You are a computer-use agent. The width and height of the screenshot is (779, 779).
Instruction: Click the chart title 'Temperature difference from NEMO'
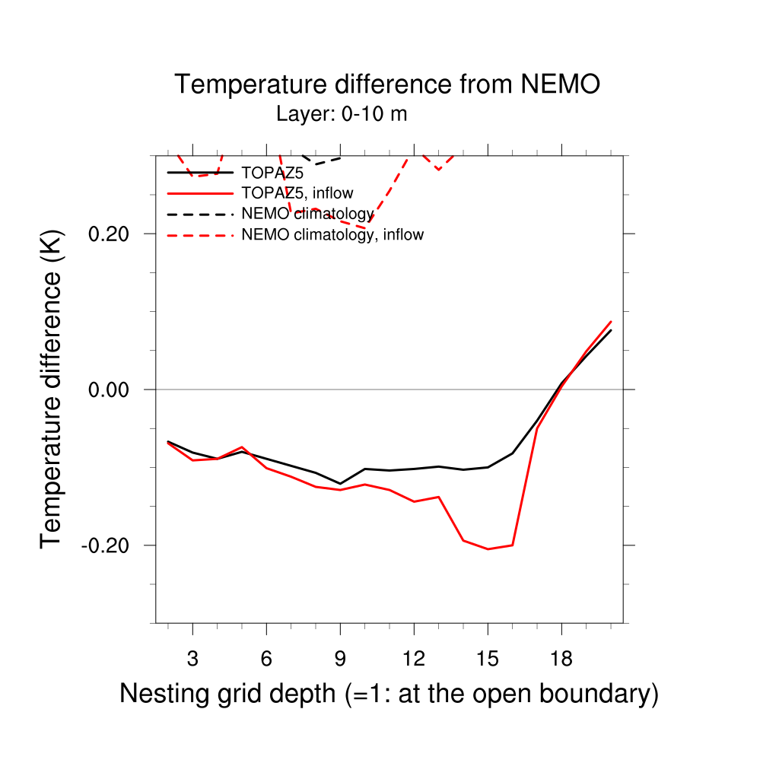coord(387,84)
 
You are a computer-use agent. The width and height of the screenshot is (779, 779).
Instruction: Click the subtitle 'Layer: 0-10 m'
coord(342,115)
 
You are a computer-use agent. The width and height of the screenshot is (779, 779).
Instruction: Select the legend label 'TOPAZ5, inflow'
coord(297,193)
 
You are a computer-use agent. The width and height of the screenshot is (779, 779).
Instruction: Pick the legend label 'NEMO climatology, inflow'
coord(332,234)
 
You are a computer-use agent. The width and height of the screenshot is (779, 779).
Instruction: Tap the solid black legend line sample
coord(199,173)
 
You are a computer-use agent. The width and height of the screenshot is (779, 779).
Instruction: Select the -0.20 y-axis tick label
coord(110,545)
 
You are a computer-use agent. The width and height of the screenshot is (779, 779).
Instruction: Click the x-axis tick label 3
coord(192,660)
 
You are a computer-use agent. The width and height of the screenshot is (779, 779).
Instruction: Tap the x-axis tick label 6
coord(266,660)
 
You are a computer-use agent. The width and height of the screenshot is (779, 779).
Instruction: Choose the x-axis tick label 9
coord(340,660)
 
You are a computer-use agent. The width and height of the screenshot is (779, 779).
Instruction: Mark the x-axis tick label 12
coord(414,660)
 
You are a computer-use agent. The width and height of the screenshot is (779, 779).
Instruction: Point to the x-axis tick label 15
coord(488,660)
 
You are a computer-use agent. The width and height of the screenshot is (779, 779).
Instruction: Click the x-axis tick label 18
coord(561,660)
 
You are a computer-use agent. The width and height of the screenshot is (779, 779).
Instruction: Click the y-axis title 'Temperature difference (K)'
coord(51,389)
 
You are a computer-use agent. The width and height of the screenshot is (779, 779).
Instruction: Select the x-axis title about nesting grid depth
coord(389,694)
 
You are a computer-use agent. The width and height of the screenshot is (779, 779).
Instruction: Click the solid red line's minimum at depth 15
coord(488,549)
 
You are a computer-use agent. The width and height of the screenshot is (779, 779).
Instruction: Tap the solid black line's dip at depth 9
coord(340,484)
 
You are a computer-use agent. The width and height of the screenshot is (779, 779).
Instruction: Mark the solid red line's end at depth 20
coord(611,322)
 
